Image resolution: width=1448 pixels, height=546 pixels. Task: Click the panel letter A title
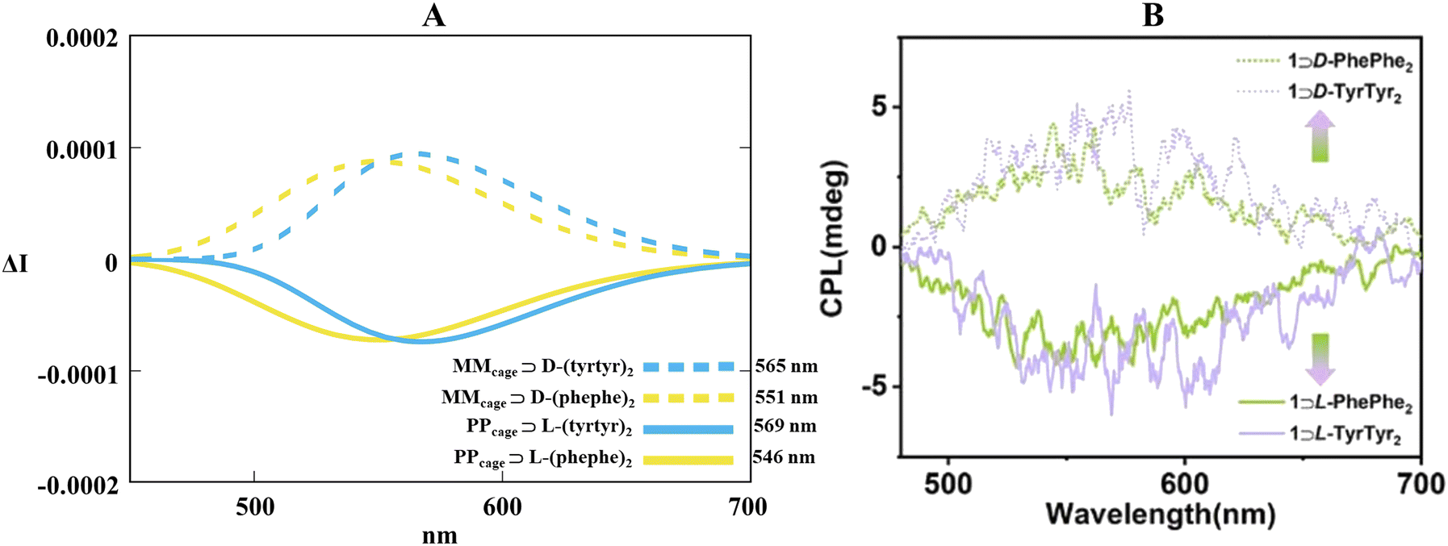click(x=433, y=15)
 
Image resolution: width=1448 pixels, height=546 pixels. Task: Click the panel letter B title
click(x=1153, y=15)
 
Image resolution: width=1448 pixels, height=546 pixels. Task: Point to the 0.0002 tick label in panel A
click(x=82, y=37)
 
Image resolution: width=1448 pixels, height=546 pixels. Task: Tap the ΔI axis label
click(x=15, y=263)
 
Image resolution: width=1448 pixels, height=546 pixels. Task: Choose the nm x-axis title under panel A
click(x=439, y=535)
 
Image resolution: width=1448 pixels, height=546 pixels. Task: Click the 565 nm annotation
click(x=786, y=366)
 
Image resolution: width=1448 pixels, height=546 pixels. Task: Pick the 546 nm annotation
click(x=784, y=457)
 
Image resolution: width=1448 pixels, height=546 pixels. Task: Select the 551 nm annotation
click(x=786, y=397)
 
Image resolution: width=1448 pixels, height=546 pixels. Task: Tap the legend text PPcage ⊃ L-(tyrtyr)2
click(x=542, y=427)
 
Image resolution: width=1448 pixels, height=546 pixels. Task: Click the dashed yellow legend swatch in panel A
click(x=688, y=398)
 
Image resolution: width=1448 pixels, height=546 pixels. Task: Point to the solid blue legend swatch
click(x=688, y=429)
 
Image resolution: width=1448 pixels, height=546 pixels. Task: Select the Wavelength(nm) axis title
click(x=1161, y=513)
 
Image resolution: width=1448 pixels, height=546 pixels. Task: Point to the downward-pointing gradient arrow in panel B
click(x=1319, y=357)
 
